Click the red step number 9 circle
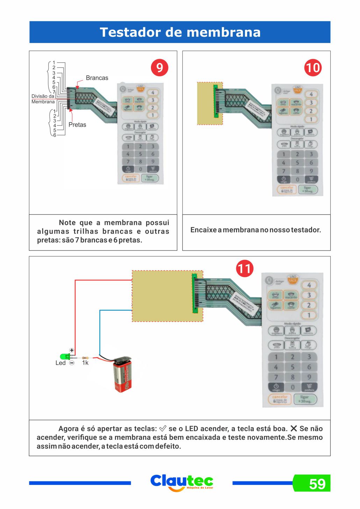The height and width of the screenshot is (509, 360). (x=159, y=68)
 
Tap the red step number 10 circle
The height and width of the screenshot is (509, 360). (x=312, y=68)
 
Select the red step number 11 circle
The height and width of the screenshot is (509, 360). (x=244, y=268)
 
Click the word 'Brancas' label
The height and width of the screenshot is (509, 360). (x=97, y=78)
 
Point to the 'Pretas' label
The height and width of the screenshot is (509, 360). (x=77, y=125)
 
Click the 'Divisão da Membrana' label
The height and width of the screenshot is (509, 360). (x=43, y=99)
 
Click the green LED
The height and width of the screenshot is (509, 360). (x=64, y=357)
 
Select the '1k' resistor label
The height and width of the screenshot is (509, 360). (x=85, y=363)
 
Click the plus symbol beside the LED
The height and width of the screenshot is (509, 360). (x=72, y=350)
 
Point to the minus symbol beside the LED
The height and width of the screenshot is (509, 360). (x=72, y=363)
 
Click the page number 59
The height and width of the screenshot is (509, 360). (x=317, y=484)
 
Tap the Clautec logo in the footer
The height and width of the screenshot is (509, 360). (x=182, y=482)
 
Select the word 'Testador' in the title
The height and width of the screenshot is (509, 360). (x=130, y=32)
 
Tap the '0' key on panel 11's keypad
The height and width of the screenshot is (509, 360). (x=293, y=387)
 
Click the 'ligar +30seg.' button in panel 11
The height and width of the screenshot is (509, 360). (x=305, y=399)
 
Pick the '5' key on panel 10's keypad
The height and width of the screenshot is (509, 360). (x=297, y=163)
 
